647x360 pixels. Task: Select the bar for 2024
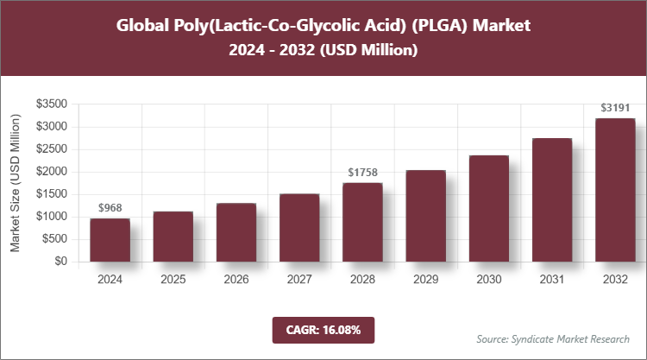click(x=110, y=240)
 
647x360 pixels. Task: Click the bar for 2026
click(x=236, y=232)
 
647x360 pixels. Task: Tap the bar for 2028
click(x=362, y=222)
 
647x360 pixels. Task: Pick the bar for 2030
click(x=489, y=208)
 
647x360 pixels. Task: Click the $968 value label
click(x=110, y=209)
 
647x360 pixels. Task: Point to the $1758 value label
click(x=362, y=173)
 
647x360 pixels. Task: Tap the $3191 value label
click(x=615, y=109)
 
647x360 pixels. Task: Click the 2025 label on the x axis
click(x=173, y=280)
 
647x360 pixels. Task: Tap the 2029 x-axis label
click(x=426, y=280)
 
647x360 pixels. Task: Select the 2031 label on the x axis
click(x=552, y=280)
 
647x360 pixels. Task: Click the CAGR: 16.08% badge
click(x=323, y=330)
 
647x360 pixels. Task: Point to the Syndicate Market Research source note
click(x=553, y=338)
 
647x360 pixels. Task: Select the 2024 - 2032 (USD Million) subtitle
click(x=323, y=51)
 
